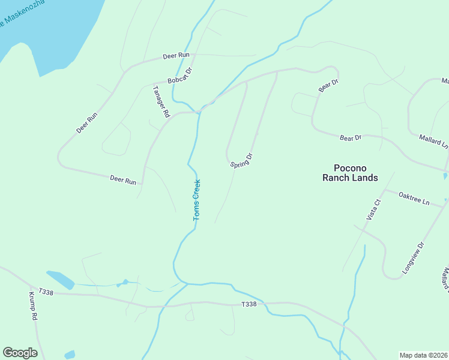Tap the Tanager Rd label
pos(161,101)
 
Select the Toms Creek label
pos(196,200)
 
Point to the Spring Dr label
pos(241,161)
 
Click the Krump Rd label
pos(33,306)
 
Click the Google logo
pos(20,353)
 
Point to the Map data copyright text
pos(423,355)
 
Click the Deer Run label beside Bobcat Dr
pos(176,56)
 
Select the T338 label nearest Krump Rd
pos(46,292)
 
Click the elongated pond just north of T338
pos(60,279)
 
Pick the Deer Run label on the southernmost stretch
pos(123,179)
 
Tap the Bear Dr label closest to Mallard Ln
pos(351,138)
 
